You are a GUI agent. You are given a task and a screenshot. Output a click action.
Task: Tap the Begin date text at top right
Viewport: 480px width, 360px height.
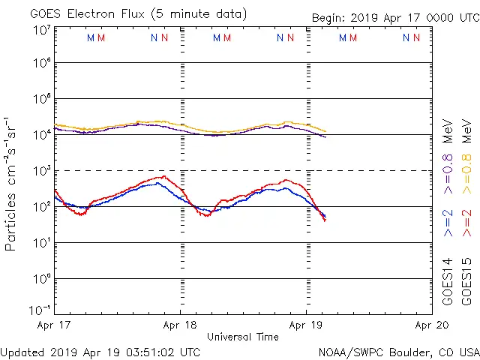(x=394, y=17)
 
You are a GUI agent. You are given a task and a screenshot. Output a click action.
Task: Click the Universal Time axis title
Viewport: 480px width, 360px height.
(x=243, y=337)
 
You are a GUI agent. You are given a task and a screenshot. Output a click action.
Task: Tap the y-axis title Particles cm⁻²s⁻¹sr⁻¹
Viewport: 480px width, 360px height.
(x=11, y=184)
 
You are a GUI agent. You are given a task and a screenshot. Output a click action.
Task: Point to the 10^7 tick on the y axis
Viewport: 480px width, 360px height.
(x=41, y=30)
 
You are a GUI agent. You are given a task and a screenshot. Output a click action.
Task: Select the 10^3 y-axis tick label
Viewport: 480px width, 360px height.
(x=41, y=171)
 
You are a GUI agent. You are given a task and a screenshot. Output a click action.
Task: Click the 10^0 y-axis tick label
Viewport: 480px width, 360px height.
(x=41, y=279)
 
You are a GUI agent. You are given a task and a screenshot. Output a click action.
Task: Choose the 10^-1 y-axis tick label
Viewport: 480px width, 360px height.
(x=41, y=309)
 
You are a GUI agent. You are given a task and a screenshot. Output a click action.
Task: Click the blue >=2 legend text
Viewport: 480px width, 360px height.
(x=448, y=223)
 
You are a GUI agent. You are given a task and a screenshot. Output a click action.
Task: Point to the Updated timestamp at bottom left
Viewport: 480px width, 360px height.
(x=100, y=352)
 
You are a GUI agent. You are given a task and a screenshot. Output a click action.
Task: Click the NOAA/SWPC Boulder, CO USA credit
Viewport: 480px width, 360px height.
(x=398, y=352)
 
